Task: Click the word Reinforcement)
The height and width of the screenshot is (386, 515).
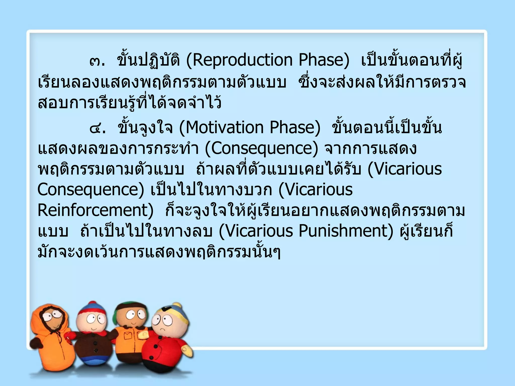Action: coord(95,210)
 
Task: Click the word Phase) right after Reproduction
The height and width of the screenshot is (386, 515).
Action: coord(324,60)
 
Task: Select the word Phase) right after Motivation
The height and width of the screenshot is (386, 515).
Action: coord(295,128)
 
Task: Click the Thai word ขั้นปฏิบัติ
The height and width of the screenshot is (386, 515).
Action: coord(148,60)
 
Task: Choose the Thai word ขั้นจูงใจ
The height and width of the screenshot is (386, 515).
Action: coord(145,128)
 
